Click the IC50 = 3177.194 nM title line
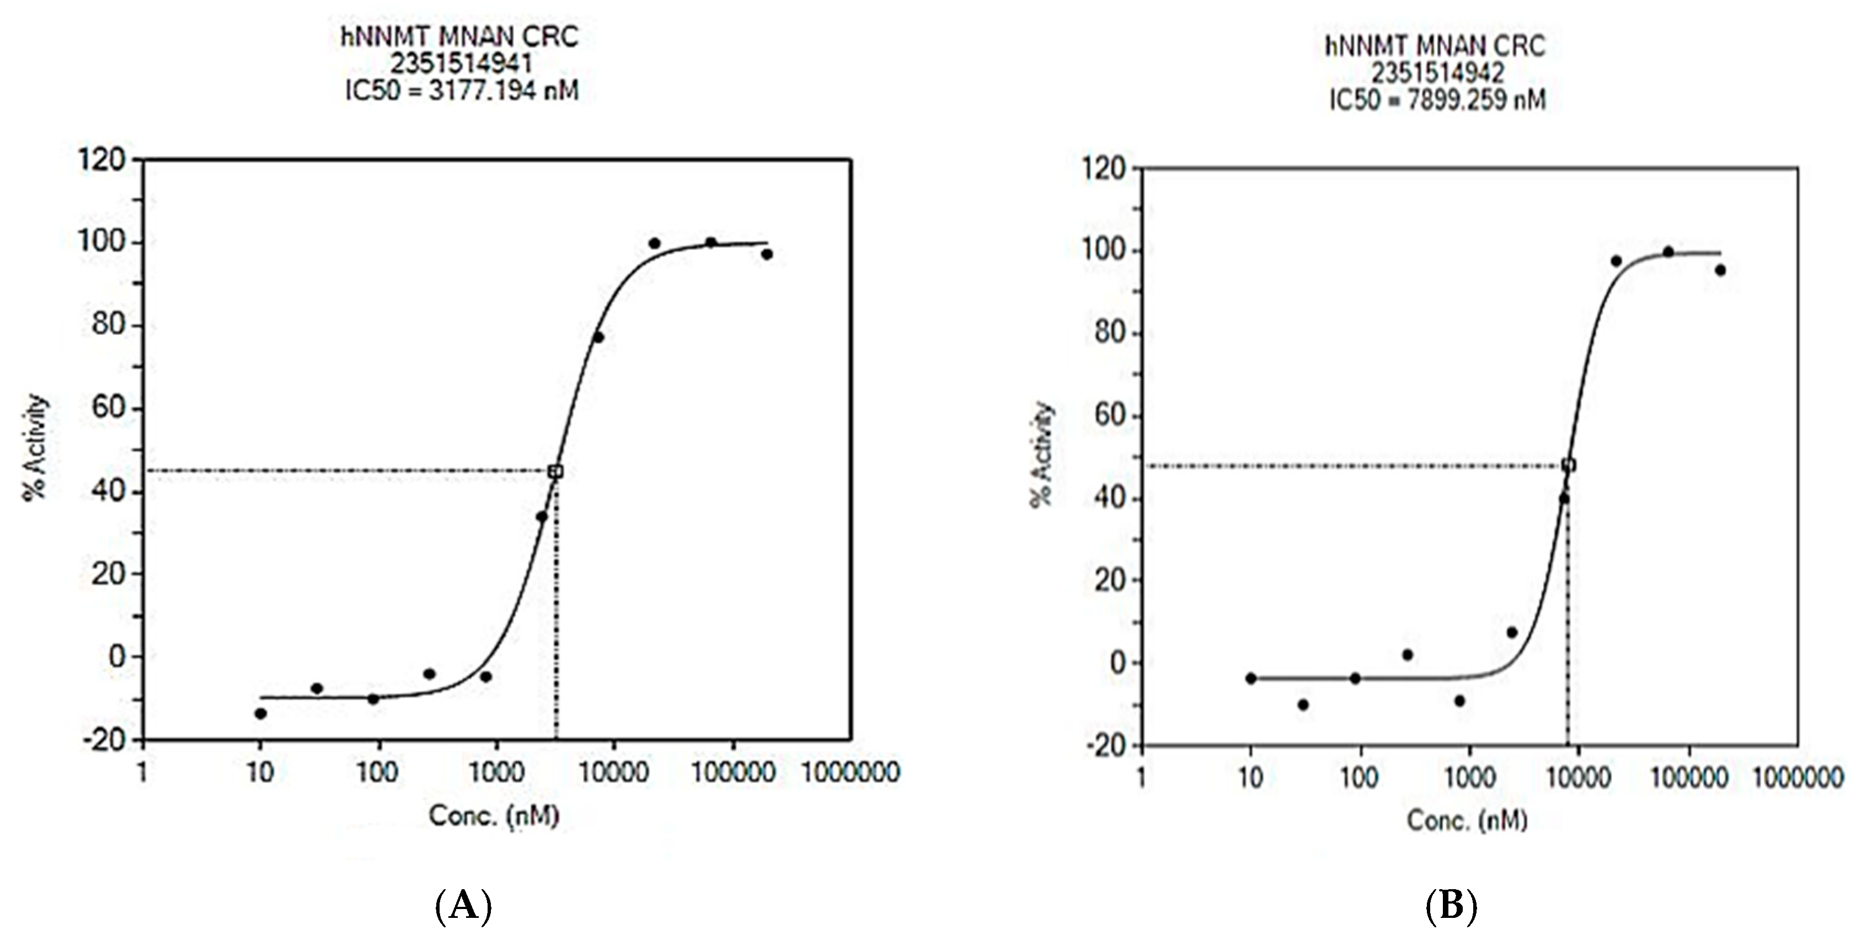tap(462, 91)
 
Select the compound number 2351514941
tap(462, 64)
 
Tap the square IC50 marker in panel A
tap(556, 472)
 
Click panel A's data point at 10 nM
tap(260, 713)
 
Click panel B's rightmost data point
tap(1720, 270)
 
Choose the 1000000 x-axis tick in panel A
tap(851, 772)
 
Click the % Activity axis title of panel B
tap(1042, 454)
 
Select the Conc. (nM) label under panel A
tap(494, 815)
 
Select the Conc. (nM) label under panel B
tap(1467, 820)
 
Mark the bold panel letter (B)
tap(1451, 907)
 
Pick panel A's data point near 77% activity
tap(598, 337)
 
